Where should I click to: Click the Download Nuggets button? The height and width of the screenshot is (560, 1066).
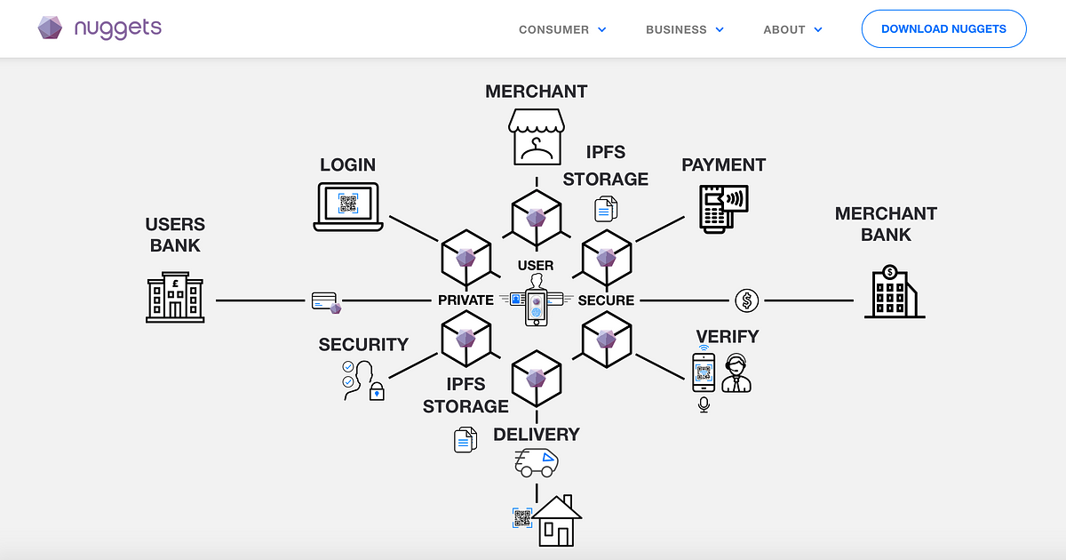click(x=943, y=29)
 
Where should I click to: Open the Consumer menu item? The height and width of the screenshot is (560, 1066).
click(x=562, y=29)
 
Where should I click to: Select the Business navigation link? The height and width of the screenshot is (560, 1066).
click(x=684, y=29)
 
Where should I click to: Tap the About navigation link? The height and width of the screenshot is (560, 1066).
click(x=792, y=29)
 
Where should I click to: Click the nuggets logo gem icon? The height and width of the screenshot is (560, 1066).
click(x=50, y=28)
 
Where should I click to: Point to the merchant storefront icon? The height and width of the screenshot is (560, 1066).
click(x=536, y=137)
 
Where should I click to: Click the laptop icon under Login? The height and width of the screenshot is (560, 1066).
click(x=348, y=206)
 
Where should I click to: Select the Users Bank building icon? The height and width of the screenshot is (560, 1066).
click(x=175, y=297)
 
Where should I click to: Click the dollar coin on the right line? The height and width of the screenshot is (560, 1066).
click(x=747, y=300)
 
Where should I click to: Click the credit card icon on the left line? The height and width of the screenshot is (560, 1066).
click(x=325, y=301)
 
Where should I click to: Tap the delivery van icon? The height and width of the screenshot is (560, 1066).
click(x=537, y=462)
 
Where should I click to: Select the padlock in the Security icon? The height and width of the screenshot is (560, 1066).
click(x=377, y=391)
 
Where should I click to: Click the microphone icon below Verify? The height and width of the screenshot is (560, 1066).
click(x=704, y=404)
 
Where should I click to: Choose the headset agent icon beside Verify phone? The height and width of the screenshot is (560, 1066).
click(x=736, y=372)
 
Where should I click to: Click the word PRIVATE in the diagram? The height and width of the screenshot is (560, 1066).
click(x=465, y=300)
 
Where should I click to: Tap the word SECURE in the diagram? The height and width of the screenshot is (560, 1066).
click(x=606, y=300)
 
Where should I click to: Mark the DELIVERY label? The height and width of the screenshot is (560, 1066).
click(x=537, y=435)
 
